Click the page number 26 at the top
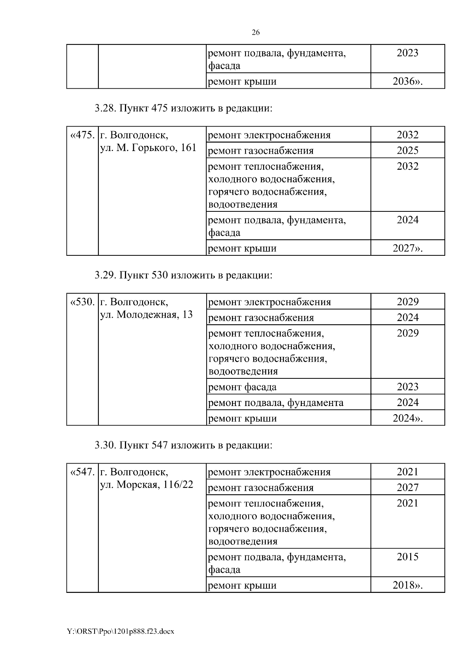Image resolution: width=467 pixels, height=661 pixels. pos(256,33)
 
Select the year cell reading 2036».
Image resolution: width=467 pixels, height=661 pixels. pos(407,81)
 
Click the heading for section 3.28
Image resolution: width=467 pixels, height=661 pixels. pos(183,109)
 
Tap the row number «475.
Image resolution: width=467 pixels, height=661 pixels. pos(82,135)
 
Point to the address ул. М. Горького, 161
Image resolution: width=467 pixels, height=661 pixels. pos(148,148)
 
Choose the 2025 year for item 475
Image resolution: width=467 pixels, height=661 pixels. pos(407,151)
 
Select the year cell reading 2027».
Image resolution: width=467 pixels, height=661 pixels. pos(407,248)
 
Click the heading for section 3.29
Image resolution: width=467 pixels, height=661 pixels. pos(183,275)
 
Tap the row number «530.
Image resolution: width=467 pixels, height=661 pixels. pos(82,302)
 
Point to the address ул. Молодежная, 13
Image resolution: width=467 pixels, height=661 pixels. pos(146,315)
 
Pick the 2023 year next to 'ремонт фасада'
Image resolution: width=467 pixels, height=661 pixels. pos(407,387)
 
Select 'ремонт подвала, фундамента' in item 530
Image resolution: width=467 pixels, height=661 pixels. pos(276,403)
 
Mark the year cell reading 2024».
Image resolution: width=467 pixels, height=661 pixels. pos(407,418)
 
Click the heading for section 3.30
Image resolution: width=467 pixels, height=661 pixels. pos(183,445)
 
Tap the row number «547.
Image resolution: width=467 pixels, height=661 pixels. pos(82,472)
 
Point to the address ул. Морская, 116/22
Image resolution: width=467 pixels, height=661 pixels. pos(147,485)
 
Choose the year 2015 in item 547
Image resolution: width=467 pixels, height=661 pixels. pos(407,557)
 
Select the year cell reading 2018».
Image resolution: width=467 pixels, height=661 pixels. pos(407,585)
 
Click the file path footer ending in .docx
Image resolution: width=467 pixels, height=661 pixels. pos(121,631)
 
